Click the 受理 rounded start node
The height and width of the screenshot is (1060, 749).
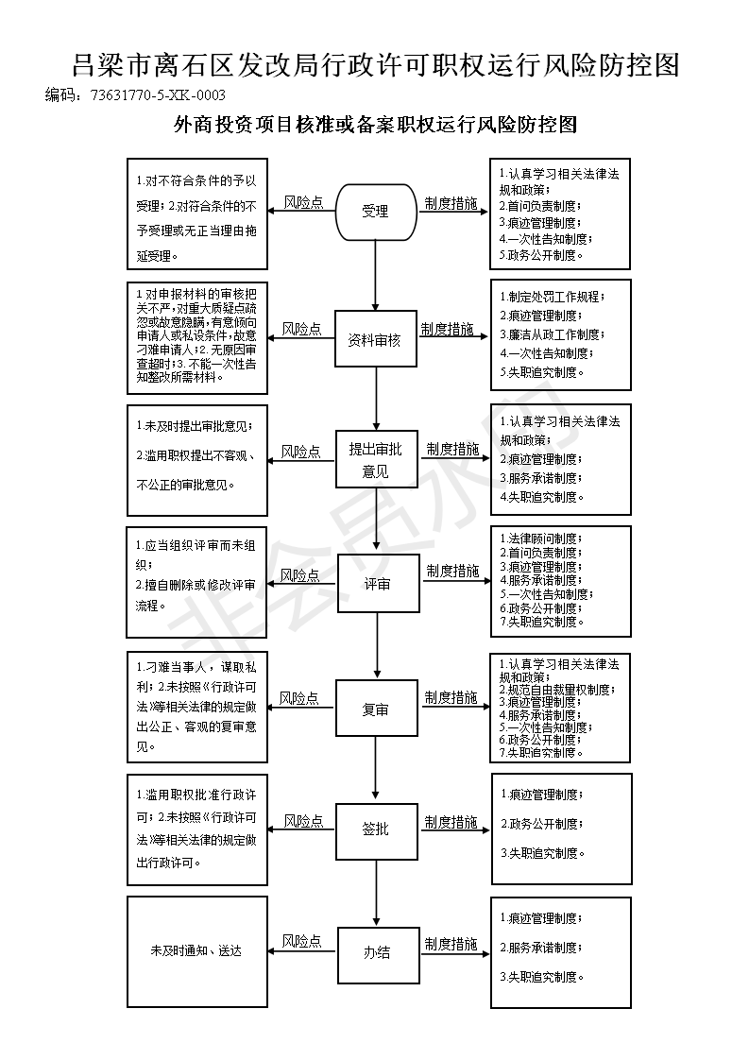click(x=376, y=212)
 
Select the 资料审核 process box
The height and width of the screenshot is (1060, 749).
click(x=375, y=339)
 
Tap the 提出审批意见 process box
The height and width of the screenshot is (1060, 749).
click(x=377, y=460)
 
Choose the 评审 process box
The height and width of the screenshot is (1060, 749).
click(x=378, y=584)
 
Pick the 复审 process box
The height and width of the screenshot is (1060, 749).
click(x=377, y=709)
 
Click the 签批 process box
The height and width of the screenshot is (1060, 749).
click(x=377, y=829)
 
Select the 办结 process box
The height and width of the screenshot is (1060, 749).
click(x=378, y=952)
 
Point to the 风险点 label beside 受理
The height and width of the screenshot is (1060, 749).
click(x=303, y=202)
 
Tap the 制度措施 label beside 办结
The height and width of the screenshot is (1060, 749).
click(x=451, y=944)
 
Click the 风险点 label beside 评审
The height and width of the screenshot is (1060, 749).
click(x=300, y=575)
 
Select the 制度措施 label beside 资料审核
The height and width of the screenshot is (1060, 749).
click(x=447, y=329)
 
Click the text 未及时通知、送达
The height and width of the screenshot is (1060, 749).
click(x=196, y=950)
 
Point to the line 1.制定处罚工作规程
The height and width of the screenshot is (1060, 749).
click(x=553, y=297)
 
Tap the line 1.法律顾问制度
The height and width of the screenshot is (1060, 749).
click(x=541, y=539)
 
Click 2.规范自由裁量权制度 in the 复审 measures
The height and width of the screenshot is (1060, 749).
click(x=557, y=690)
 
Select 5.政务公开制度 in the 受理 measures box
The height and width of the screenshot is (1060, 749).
click(x=541, y=255)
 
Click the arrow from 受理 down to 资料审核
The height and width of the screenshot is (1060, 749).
click(x=376, y=276)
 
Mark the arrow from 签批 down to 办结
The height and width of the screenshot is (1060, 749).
click(x=377, y=893)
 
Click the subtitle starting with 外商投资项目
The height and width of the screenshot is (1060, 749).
click(x=375, y=125)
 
